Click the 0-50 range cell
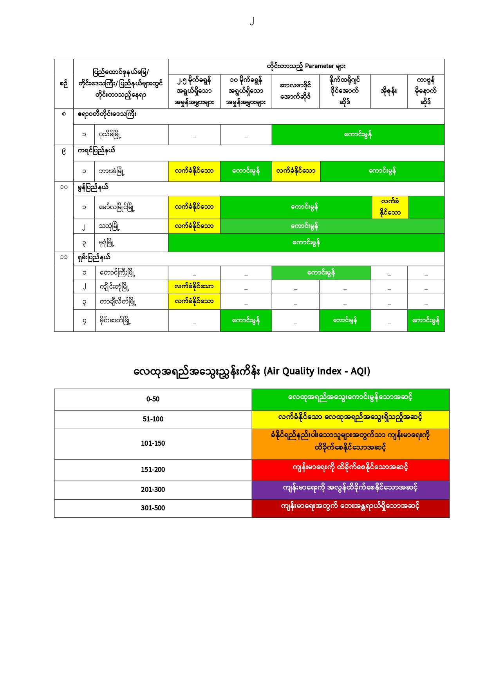point(153,399)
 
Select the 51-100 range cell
point(153,419)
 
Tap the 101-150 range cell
point(153,443)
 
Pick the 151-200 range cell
point(153,470)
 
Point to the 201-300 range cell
point(153,490)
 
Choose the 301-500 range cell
point(153,508)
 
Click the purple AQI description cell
point(350,490)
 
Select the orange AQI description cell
point(350,443)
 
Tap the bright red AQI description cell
point(350,470)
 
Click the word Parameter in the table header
point(319,66)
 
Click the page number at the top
point(252,21)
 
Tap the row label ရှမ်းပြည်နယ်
point(94,258)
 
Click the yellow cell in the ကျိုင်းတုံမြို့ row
point(194,287)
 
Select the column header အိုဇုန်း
point(388,91)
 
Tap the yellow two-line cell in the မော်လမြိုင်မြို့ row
point(390,207)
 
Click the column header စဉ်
point(63,84)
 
